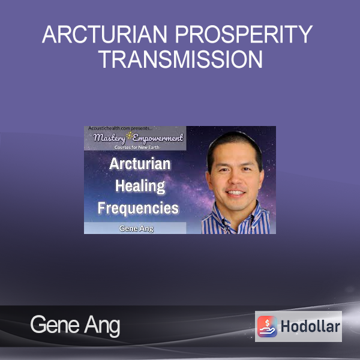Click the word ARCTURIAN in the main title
pyautogui.click(x=104, y=34)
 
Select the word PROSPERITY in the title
pyautogui.click(x=244, y=34)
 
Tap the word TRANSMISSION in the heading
pyautogui.click(x=181, y=59)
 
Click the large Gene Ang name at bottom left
pyautogui.click(x=75, y=325)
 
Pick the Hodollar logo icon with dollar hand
pyautogui.click(x=267, y=326)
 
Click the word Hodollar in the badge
pyautogui.click(x=310, y=326)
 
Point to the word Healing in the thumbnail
pyautogui.click(x=140, y=186)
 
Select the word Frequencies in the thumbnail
pyautogui.click(x=138, y=208)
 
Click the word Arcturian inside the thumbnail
pyautogui.click(x=140, y=164)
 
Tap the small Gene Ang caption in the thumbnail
pyautogui.click(x=136, y=229)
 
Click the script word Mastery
pyautogui.click(x=109, y=138)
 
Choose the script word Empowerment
pyautogui.click(x=158, y=138)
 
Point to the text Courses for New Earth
pyautogui.click(x=137, y=147)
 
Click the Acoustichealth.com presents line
pyautogui.click(x=120, y=128)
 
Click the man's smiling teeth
pyautogui.click(x=235, y=193)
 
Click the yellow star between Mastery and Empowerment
pyautogui.click(x=130, y=136)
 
